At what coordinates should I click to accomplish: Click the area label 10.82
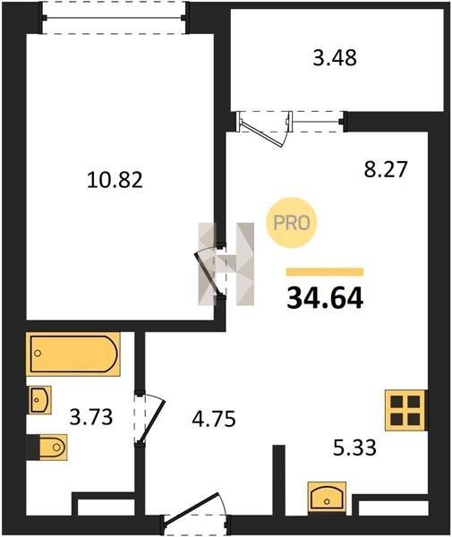(115, 180)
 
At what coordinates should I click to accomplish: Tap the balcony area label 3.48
(335, 57)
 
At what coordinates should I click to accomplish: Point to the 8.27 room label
(386, 169)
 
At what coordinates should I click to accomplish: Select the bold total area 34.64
(325, 298)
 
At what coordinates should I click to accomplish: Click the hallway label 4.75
(214, 419)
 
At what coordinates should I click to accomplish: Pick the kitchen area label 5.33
(354, 447)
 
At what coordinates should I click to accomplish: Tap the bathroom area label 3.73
(91, 417)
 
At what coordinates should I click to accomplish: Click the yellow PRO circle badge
(292, 223)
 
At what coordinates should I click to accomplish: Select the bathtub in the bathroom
(72, 354)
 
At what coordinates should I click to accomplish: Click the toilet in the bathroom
(53, 447)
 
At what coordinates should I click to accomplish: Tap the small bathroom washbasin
(39, 400)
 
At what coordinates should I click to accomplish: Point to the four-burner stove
(405, 410)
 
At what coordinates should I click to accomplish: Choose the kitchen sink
(327, 497)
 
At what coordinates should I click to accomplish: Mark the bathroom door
(150, 420)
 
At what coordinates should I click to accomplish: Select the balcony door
(265, 128)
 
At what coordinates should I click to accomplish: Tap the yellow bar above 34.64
(325, 272)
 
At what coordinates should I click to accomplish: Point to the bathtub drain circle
(38, 354)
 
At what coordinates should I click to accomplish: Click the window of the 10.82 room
(114, 18)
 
